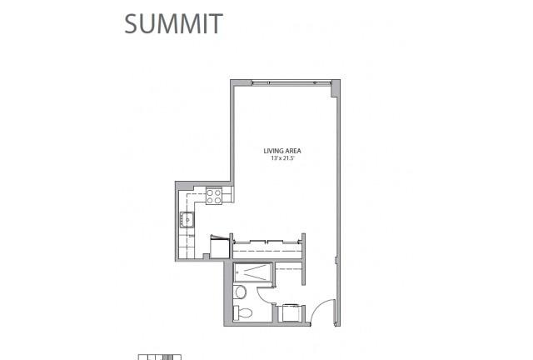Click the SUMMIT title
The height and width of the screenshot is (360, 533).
pos(173,23)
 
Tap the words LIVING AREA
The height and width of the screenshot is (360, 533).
pos(282,151)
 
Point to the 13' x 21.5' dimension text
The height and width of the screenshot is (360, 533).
pos(282,158)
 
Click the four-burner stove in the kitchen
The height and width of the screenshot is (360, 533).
pos(214,197)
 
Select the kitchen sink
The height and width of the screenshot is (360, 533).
pos(187,219)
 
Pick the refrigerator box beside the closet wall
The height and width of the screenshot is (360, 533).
pos(220,247)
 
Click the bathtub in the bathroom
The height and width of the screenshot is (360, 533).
pos(253,272)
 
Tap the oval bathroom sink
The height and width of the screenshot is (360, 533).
pos(241,292)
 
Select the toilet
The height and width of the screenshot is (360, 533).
pos(242,312)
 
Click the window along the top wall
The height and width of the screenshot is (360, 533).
pos(291,82)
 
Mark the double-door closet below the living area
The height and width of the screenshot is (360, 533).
pos(267,248)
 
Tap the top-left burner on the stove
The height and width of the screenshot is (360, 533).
pos(210,193)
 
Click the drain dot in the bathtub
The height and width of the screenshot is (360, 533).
pos(237,272)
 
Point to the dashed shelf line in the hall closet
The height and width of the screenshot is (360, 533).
pos(289,269)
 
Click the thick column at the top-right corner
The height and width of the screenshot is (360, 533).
pos(336,88)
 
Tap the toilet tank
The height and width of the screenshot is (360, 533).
pos(236,312)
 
